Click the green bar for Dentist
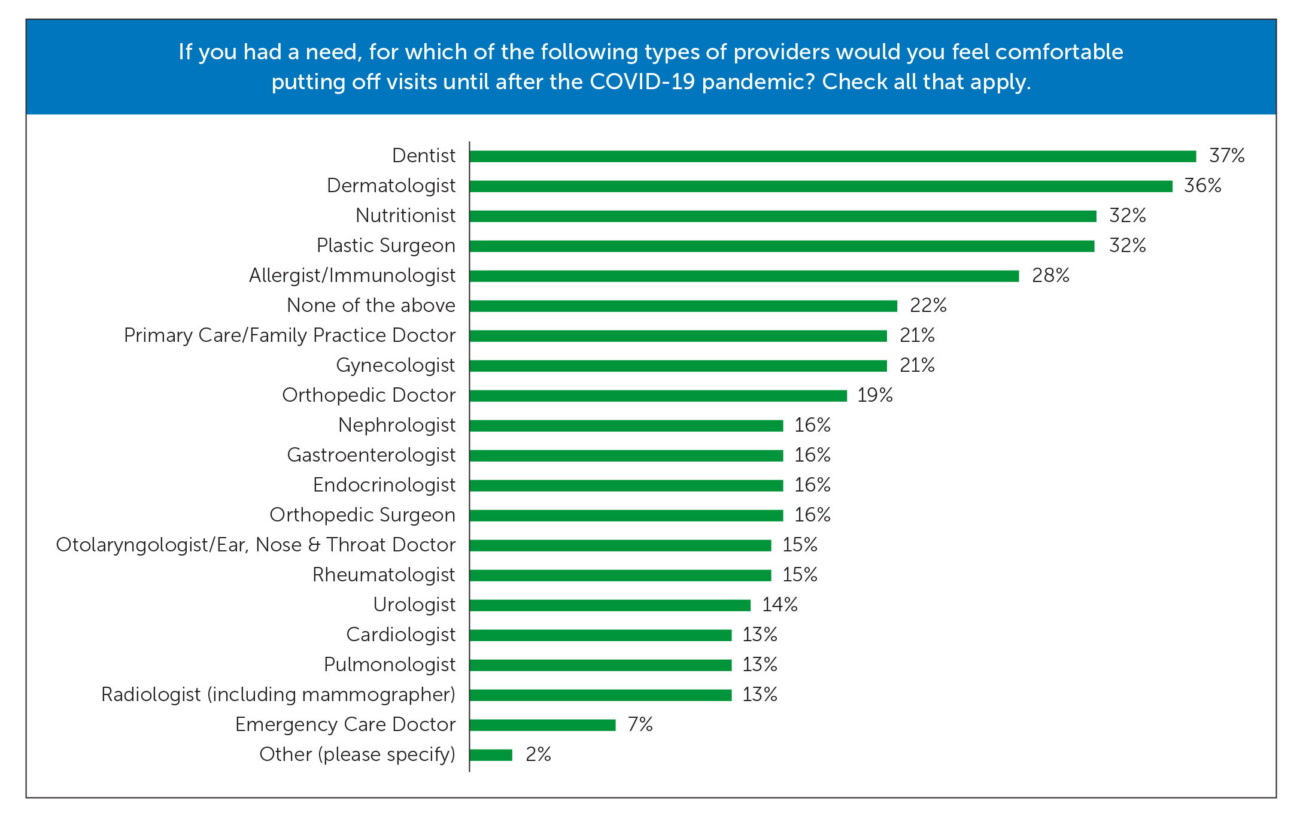coord(832,156)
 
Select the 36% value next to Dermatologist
coord(1202,186)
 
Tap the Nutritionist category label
coord(405,216)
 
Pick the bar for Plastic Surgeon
coord(781,246)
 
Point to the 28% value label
coord(1050,275)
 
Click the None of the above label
coord(370,305)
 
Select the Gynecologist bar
coord(678,366)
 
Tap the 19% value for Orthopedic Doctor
coord(874,395)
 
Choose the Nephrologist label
coord(396,425)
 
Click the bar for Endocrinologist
coord(625,486)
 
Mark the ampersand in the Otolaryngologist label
coord(314,545)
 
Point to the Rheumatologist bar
coord(619,575)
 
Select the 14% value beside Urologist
coord(779,605)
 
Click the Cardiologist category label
coord(400,635)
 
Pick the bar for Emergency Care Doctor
coord(542,725)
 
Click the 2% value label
coord(537,754)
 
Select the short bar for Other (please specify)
coord(491,755)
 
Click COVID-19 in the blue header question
coord(642,82)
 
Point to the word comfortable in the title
coord(1059,52)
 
